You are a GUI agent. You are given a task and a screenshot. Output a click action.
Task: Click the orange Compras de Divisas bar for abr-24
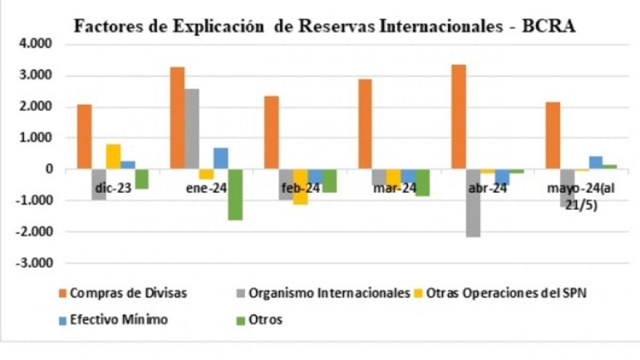click(459, 117)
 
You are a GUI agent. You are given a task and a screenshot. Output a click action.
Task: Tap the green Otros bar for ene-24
click(235, 195)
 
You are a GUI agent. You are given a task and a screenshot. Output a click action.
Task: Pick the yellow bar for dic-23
click(113, 157)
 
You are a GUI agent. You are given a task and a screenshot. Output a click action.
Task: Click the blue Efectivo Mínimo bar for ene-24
click(221, 158)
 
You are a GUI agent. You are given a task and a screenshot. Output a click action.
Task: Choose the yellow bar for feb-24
click(300, 187)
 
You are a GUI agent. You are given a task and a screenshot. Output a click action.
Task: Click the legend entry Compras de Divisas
click(123, 293)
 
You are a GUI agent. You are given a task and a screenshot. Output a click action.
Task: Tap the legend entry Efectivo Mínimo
click(113, 320)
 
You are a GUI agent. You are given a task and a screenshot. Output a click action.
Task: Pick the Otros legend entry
click(265, 320)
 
